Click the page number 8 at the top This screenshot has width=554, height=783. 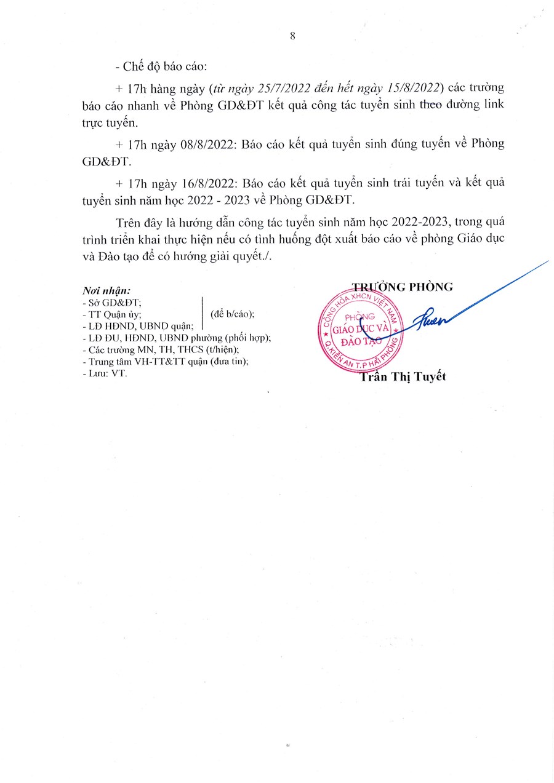(292, 36)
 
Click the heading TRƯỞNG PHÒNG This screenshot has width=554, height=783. (402, 286)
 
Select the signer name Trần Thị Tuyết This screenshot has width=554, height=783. (403, 377)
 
